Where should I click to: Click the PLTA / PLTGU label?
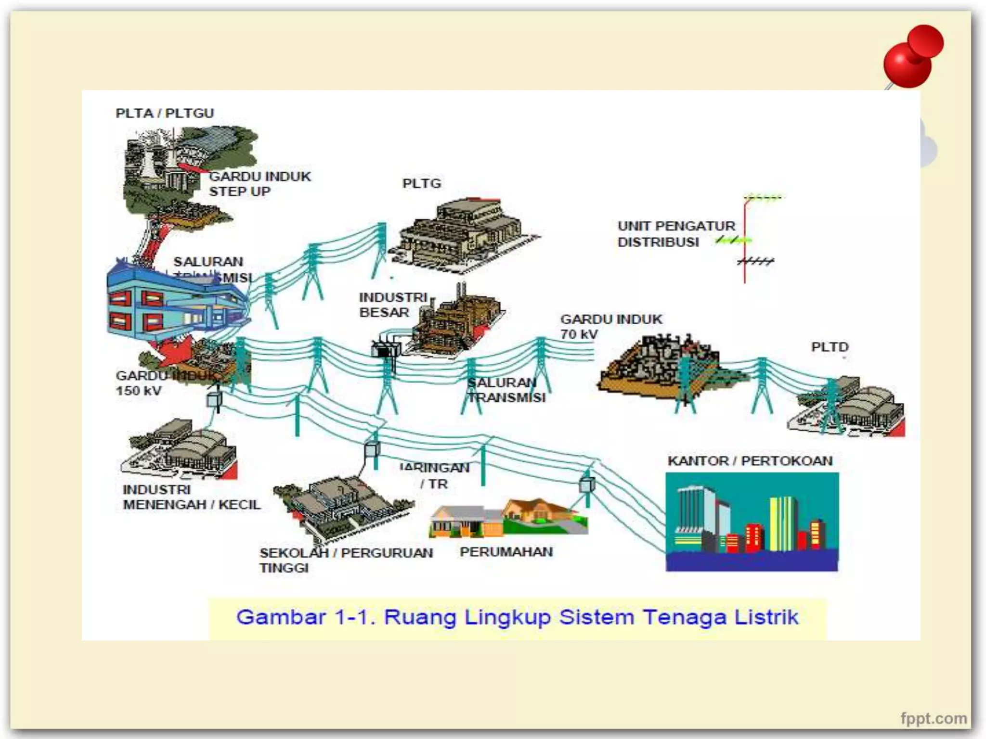pyautogui.click(x=165, y=113)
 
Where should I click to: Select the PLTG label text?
pyautogui.click(x=422, y=183)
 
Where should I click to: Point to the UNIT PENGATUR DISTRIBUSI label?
pyautogui.click(x=676, y=234)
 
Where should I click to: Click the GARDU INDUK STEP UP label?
pyautogui.click(x=259, y=184)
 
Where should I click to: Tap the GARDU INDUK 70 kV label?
pyautogui.click(x=611, y=326)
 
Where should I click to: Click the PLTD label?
pyautogui.click(x=830, y=347)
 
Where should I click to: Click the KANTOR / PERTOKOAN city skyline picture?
pyautogui.click(x=752, y=522)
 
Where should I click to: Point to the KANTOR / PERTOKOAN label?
pyautogui.click(x=750, y=461)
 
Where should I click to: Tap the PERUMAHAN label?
pyautogui.click(x=506, y=552)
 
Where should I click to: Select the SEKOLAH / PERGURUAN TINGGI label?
pyautogui.click(x=346, y=560)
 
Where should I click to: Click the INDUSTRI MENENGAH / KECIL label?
pyautogui.click(x=191, y=497)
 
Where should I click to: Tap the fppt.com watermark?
pyautogui.click(x=934, y=718)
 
